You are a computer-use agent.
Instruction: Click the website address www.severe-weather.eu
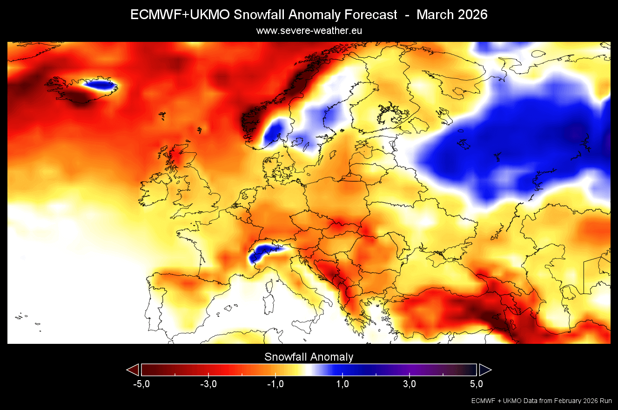(309, 31)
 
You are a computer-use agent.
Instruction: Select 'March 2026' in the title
(452, 15)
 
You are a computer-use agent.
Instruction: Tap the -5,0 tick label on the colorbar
(141, 384)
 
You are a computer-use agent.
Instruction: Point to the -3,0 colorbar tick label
(208, 384)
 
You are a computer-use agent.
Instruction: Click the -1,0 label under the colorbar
(275, 384)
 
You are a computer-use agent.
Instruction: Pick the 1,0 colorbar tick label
(343, 384)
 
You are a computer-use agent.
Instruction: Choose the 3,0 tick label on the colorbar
(410, 384)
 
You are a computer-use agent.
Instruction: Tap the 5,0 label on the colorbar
(476, 384)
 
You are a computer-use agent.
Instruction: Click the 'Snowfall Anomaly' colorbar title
(309, 357)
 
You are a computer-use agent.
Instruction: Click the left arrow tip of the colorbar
(132, 370)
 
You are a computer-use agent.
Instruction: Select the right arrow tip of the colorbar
(486, 370)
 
